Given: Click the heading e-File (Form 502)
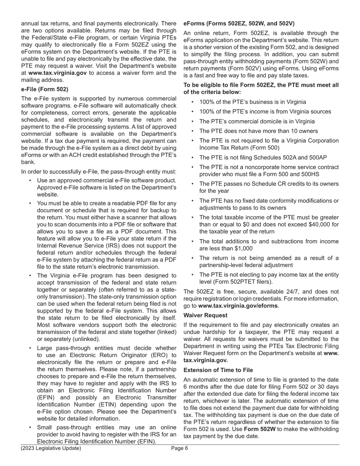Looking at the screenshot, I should [45, 89].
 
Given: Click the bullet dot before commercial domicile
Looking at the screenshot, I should [193, 122].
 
